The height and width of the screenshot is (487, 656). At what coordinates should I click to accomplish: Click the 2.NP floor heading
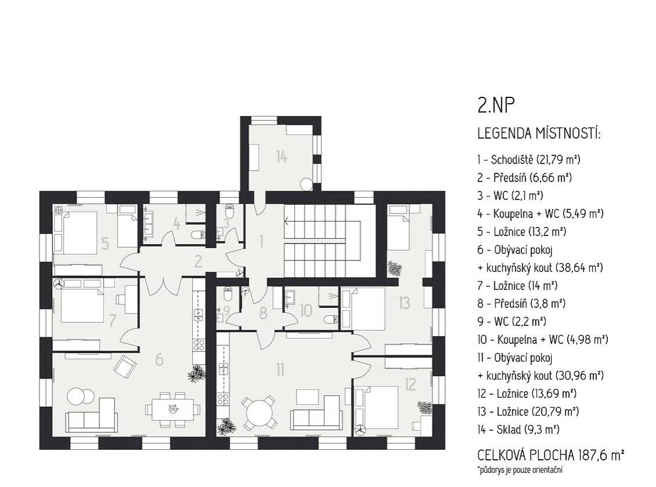(496, 106)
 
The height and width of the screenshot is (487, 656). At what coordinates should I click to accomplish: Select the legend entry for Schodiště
(529, 159)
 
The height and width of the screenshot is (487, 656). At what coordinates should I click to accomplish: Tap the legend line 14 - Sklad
(519, 429)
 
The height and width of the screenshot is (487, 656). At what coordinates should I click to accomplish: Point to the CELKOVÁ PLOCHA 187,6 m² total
(551, 455)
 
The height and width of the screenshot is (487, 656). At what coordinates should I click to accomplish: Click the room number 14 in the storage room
(281, 157)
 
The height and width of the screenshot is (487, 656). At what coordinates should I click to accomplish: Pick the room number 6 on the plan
(159, 359)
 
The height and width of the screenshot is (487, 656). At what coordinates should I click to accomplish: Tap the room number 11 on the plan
(280, 369)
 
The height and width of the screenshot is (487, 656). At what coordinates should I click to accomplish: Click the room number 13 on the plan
(404, 303)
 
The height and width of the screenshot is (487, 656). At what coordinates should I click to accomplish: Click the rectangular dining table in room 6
(172, 409)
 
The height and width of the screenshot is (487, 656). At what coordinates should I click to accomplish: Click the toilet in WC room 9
(228, 295)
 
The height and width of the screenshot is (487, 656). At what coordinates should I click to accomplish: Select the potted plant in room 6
(197, 373)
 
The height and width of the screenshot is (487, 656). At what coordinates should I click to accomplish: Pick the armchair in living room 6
(125, 366)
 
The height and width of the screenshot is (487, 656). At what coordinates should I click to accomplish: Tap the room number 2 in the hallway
(198, 261)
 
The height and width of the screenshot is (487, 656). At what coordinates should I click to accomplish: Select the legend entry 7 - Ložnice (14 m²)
(517, 285)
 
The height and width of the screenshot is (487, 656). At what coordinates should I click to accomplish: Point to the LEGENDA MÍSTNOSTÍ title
(539, 134)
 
